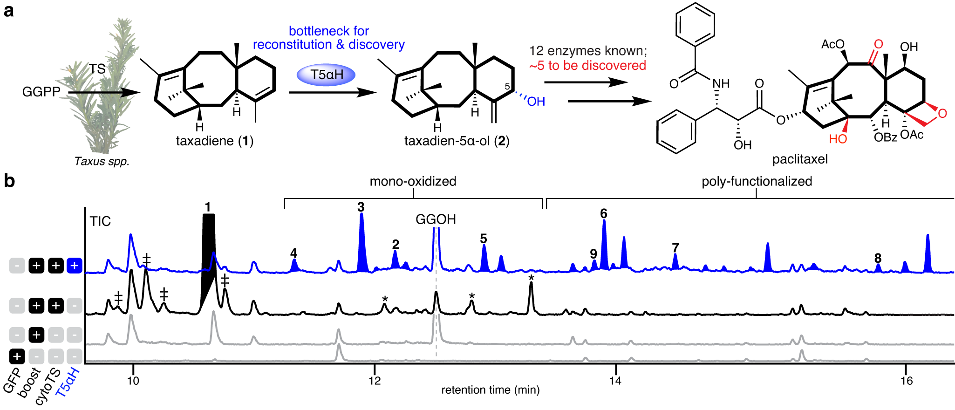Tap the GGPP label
click(x=41, y=92)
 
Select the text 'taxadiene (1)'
click(x=214, y=141)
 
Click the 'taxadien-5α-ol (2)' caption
click(x=457, y=141)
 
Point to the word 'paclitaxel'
click(x=800, y=159)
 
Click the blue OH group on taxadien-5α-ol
click(x=536, y=101)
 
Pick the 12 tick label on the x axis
click(x=375, y=381)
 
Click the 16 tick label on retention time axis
click(x=906, y=381)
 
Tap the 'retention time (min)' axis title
click(x=490, y=390)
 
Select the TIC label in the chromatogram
click(x=100, y=221)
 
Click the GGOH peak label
click(x=436, y=219)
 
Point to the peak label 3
click(x=361, y=207)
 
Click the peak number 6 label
click(x=603, y=214)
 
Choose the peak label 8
click(x=878, y=258)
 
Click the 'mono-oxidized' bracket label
click(x=413, y=181)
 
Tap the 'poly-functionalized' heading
click(x=757, y=181)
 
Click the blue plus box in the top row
click(x=75, y=266)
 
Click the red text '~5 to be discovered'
click(x=587, y=66)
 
